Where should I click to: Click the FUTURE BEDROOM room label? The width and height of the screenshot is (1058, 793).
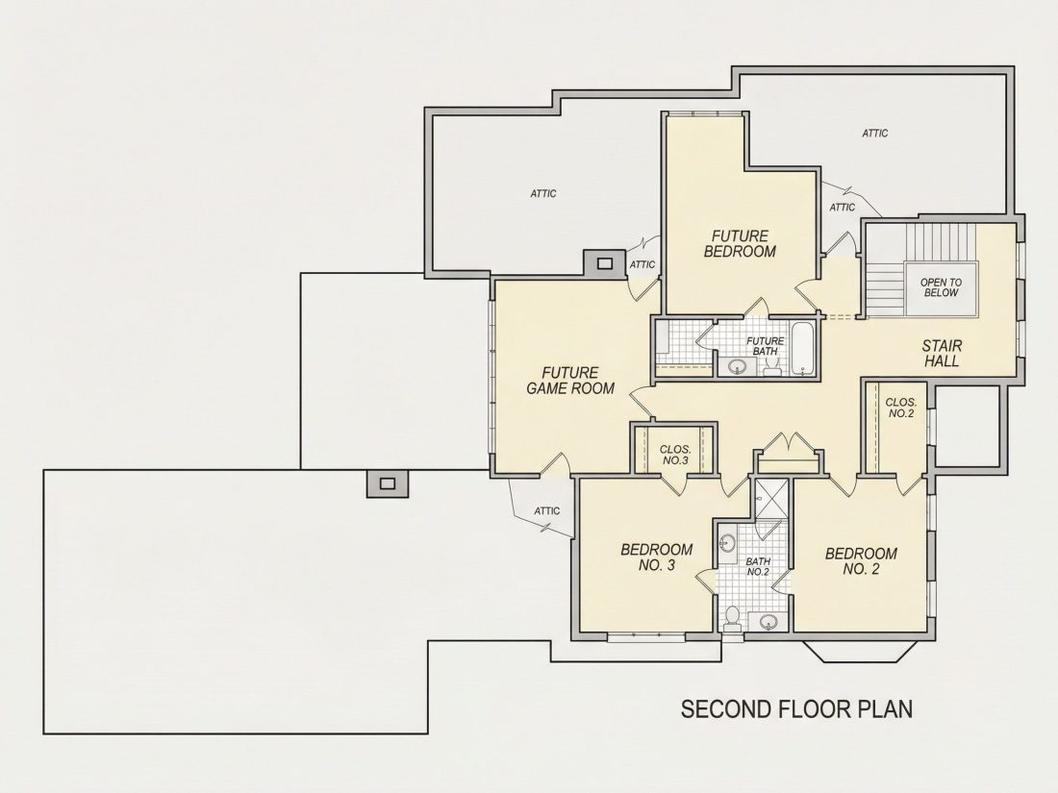pos(741,243)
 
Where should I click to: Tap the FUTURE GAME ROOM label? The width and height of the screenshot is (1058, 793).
pos(570,381)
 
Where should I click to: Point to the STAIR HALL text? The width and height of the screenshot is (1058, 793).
pos(942,354)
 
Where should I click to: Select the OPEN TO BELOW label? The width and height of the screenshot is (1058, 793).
pos(942,288)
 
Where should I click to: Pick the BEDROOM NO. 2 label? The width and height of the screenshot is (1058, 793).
pos(861,561)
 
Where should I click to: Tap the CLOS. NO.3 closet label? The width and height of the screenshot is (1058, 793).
pos(675,455)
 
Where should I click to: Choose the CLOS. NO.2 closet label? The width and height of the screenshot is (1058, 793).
pos(901,408)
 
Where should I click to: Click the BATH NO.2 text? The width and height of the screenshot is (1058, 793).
pos(758,566)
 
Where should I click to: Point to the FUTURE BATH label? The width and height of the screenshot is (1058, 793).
pos(766,346)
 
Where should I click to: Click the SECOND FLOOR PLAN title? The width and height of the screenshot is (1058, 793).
pos(797,708)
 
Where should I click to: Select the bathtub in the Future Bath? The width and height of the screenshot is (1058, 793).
pos(802,348)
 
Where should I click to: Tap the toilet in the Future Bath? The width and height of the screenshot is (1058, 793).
pos(772,365)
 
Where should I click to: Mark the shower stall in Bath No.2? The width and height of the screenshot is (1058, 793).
pos(770,500)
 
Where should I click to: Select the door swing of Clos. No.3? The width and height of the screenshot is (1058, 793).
pos(672,484)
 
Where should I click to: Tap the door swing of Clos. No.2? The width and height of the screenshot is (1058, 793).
pos(910,485)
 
